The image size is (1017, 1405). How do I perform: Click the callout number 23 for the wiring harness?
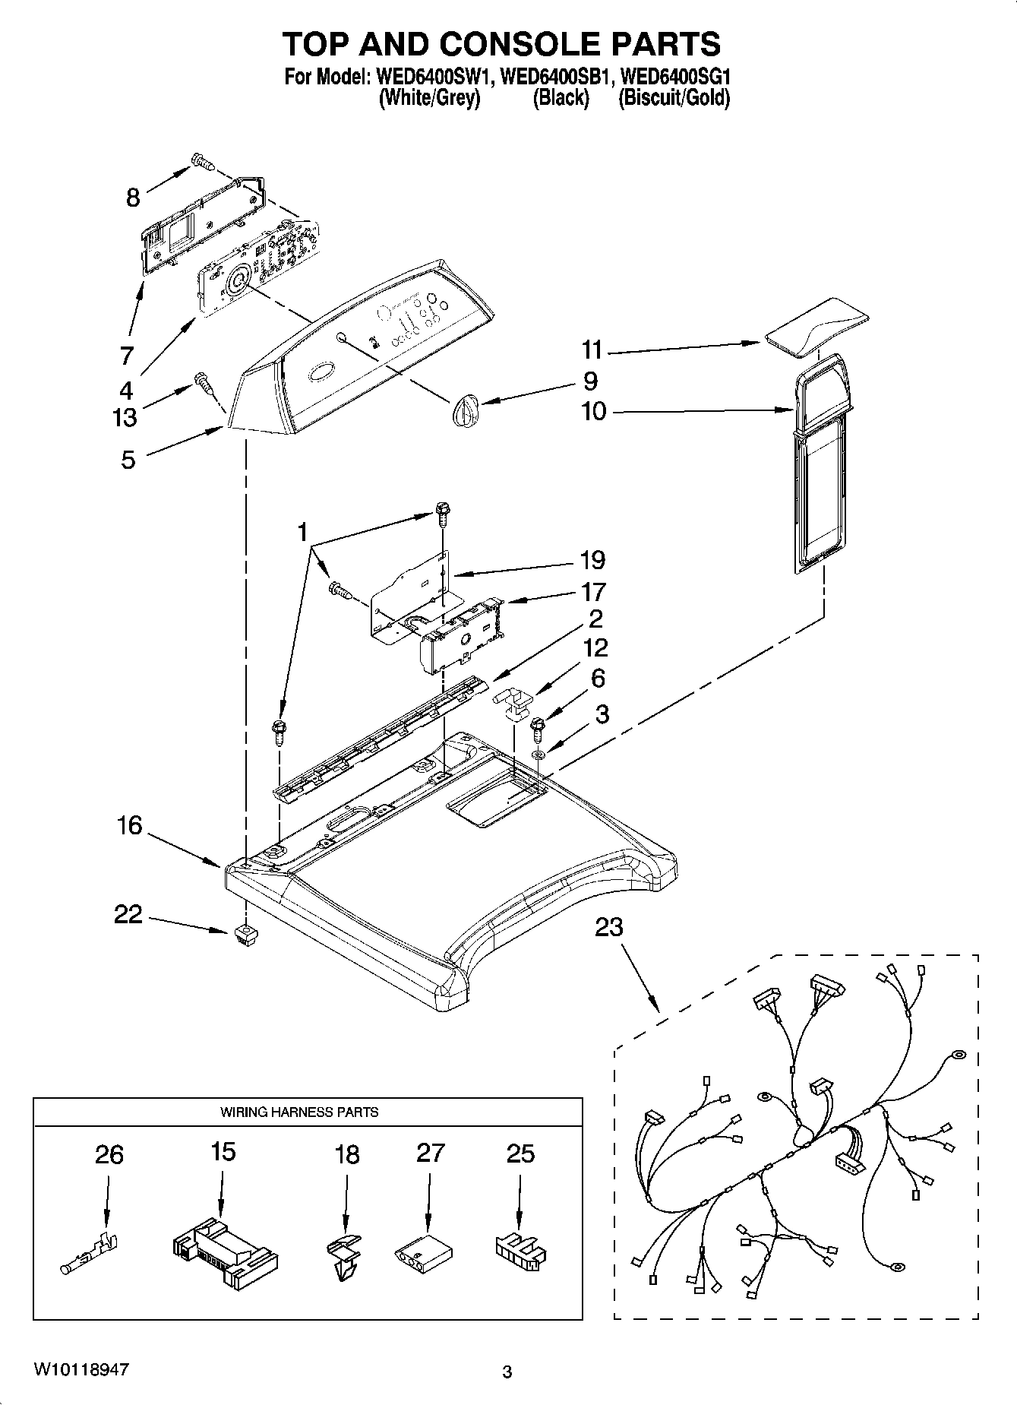tap(608, 927)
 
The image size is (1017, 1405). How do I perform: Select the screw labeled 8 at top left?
tap(202, 161)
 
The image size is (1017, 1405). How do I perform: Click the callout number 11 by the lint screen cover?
tap(592, 350)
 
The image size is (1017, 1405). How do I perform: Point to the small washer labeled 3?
tap(538, 755)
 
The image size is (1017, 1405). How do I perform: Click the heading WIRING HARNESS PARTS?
tap(299, 1112)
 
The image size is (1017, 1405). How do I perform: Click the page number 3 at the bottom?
tap(507, 1372)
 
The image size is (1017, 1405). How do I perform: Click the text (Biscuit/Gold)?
tap(674, 98)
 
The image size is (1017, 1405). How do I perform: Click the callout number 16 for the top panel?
tap(129, 825)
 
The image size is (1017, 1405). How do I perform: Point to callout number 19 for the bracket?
tap(592, 560)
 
